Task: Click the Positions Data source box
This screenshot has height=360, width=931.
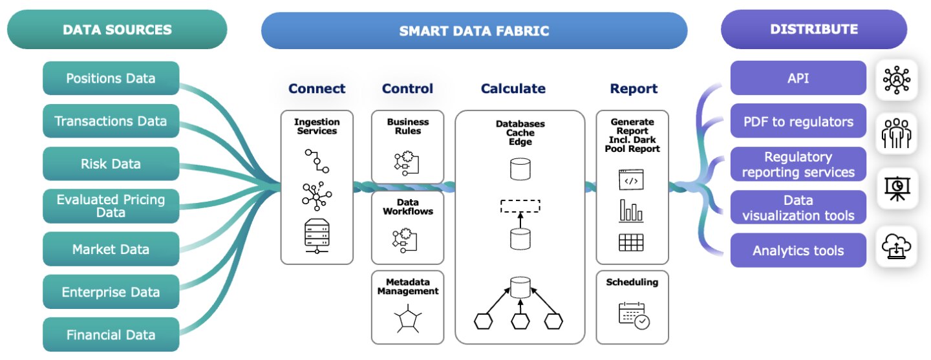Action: click(111, 78)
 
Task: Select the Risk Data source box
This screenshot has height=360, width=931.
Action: click(111, 164)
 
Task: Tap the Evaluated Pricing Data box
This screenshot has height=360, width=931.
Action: click(111, 206)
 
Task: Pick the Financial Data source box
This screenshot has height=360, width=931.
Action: click(111, 335)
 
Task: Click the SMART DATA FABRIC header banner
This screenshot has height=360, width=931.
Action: click(474, 30)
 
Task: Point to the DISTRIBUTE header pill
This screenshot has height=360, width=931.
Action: click(813, 29)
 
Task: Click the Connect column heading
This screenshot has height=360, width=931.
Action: click(317, 89)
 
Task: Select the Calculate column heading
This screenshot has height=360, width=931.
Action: click(513, 89)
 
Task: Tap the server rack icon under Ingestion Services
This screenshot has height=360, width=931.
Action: click(317, 235)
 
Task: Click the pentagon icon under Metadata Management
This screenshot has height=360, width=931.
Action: click(407, 319)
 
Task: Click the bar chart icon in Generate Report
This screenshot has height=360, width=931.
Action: click(632, 211)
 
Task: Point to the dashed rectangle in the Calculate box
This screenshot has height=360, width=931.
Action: click(520, 206)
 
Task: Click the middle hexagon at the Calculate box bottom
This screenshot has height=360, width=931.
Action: click(520, 321)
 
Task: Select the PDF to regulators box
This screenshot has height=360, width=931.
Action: click(798, 121)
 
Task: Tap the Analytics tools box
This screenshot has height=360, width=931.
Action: click(798, 250)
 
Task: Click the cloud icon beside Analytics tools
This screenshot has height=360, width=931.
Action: click(897, 247)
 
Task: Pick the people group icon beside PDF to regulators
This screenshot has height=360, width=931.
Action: click(897, 133)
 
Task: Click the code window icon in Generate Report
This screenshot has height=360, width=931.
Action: click(632, 180)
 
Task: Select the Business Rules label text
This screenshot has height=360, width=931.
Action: click(407, 126)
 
